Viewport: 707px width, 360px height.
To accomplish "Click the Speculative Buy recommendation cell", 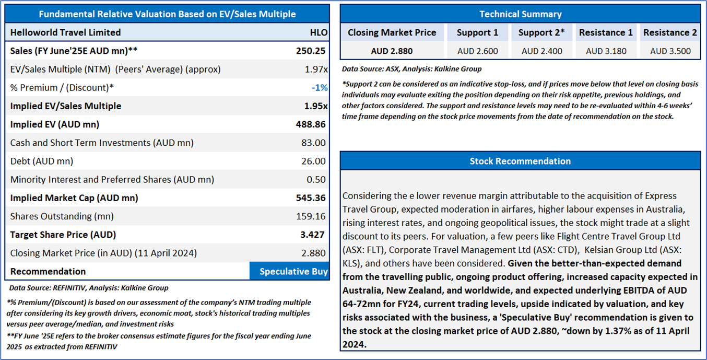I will pos(290,271).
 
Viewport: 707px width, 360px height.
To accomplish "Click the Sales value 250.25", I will pos(311,51).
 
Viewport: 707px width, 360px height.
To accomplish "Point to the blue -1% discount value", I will pos(319,87).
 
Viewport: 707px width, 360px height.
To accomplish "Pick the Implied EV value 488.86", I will pos(311,124).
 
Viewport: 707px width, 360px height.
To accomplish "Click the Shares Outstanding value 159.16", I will pos(312,216).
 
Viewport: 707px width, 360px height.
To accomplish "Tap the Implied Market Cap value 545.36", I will pos(311,198).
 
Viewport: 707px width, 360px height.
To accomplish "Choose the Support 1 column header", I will pos(477,32).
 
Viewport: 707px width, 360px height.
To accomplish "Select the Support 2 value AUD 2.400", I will pos(541,51).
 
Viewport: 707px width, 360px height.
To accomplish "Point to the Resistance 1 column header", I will pos(606,32).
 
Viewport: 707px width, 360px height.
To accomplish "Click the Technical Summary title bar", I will pos(520,14).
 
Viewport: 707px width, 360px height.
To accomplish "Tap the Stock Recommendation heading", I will pos(520,161).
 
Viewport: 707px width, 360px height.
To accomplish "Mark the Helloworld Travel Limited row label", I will pos(65,32).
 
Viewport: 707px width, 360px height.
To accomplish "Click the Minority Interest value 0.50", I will pos(318,179).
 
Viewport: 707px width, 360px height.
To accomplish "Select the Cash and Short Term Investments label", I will pos(102,143).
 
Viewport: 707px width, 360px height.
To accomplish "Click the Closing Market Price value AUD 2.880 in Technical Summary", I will pos(392,51).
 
